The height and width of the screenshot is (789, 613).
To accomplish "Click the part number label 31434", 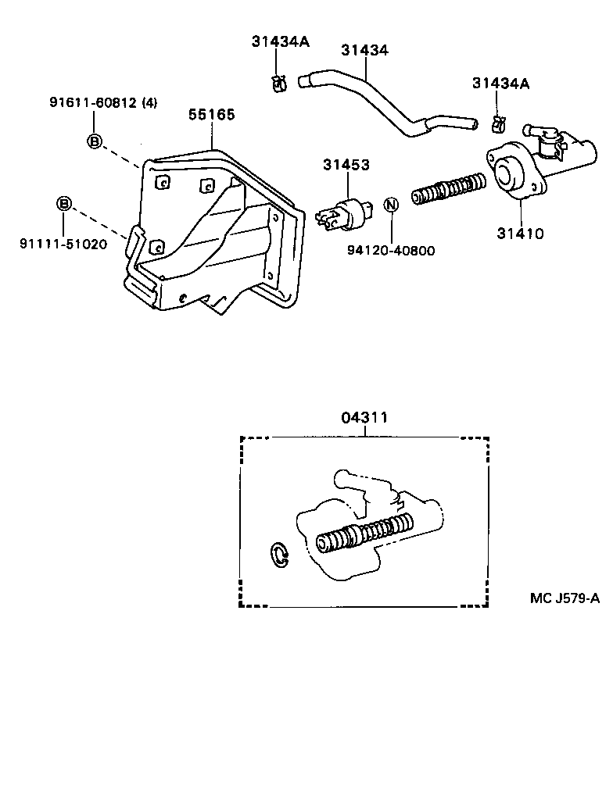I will (364, 50).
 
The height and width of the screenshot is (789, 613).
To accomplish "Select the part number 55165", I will (211, 114).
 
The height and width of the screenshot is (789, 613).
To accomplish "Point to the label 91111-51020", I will (63, 243).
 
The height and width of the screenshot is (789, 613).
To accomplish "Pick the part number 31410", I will (520, 233).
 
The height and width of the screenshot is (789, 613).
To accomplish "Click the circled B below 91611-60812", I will (93, 141).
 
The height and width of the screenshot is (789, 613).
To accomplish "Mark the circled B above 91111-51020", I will (63, 205).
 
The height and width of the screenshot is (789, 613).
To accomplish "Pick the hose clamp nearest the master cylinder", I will (497, 123).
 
